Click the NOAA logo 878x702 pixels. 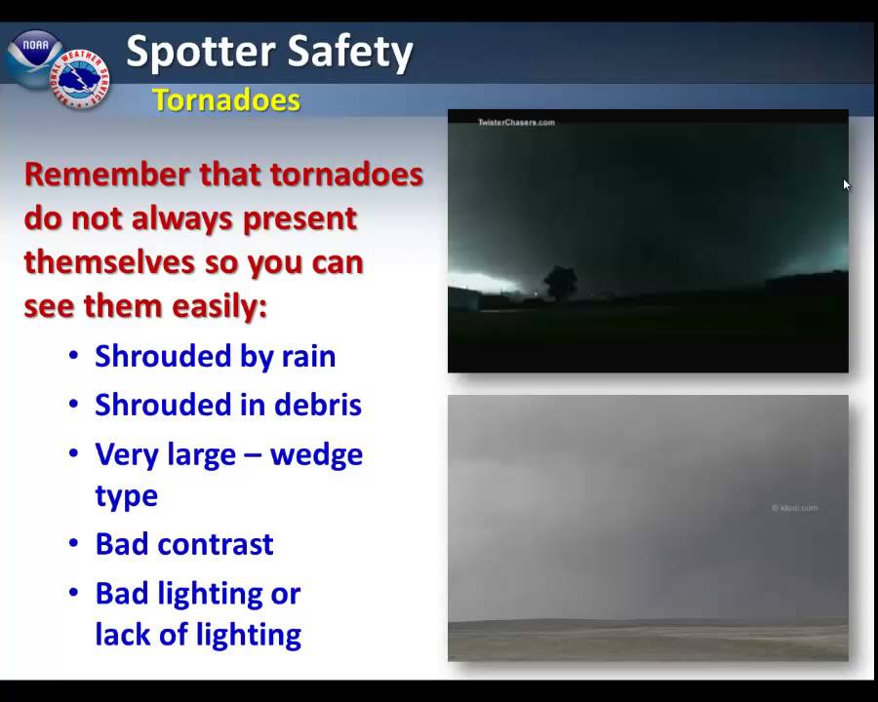(34, 58)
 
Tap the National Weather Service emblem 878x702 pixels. (80, 79)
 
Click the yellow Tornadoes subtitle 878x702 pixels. (226, 100)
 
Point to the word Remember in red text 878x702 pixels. (107, 174)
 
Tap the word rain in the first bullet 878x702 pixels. (308, 356)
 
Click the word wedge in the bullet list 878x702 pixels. (316, 455)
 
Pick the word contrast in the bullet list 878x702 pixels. (216, 544)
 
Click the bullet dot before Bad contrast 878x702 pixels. (73, 543)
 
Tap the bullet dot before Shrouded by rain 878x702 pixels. (73, 355)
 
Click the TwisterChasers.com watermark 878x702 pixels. (516, 122)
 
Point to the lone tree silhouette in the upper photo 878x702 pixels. (560, 284)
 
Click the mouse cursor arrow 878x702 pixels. (847, 184)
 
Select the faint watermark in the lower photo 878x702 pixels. (794, 508)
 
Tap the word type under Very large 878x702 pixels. (127, 497)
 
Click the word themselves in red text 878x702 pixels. (110, 262)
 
